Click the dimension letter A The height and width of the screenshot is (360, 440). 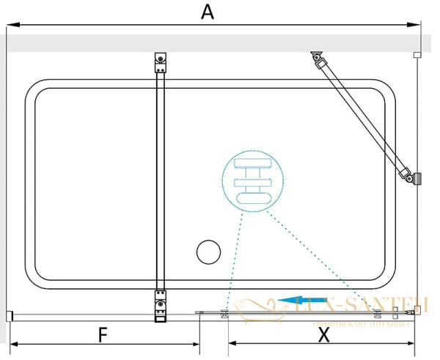(x=208, y=12)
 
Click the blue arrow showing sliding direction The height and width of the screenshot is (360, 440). (x=297, y=299)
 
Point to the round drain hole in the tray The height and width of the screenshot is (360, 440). (x=208, y=251)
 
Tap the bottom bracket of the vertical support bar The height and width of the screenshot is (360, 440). (x=161, y=306)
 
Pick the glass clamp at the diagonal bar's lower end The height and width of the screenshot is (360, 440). (x=414, y=177)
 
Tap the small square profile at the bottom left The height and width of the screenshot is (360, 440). (x=10, y=316)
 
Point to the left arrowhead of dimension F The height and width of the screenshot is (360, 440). (x=12, y=344)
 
